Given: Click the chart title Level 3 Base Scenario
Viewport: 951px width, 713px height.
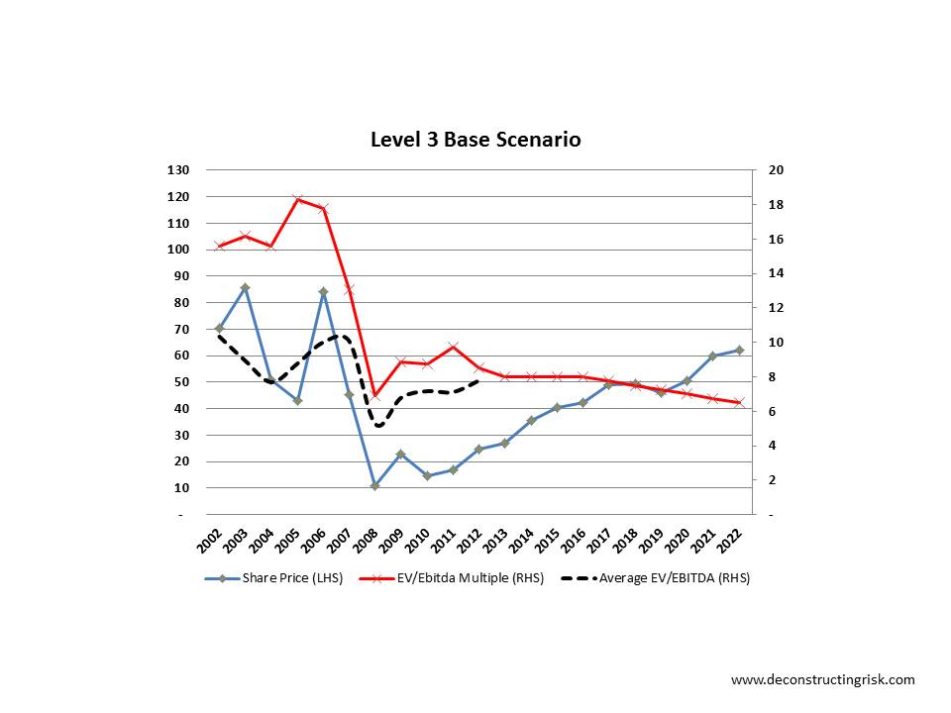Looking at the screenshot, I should pyautogui.click(x=475, y=140).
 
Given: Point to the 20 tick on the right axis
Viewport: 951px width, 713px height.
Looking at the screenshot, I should pyautogui.click(x=777, y=170).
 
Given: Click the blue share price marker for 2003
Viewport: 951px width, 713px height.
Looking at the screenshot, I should pyautogui.click(x=245, y=287).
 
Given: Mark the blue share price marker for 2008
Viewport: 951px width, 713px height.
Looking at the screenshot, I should pyautogui.click(x=374, y=486).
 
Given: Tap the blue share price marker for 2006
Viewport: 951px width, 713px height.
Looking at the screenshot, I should pyautogui.click(x=323, y=292).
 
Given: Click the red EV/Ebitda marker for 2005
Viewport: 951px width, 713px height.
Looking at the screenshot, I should pyautogui.click(x=297, y=200).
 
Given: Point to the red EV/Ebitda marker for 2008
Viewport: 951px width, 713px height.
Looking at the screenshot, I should pyautogui.click(x=374, y=395).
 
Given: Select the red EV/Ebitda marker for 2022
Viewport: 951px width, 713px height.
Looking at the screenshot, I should pyautogui.click(x=739, y=403).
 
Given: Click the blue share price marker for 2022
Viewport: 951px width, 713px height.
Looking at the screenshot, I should pyautogui.click(x=739, y=350).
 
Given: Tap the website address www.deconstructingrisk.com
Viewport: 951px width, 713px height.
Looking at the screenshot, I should pyautogui.click(x=822, y=679).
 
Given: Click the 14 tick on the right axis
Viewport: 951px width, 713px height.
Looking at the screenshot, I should pyautogui.click(x=777, y=273).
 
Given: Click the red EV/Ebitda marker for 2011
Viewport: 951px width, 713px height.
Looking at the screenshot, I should pyautogui.click(x=453, y=347).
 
